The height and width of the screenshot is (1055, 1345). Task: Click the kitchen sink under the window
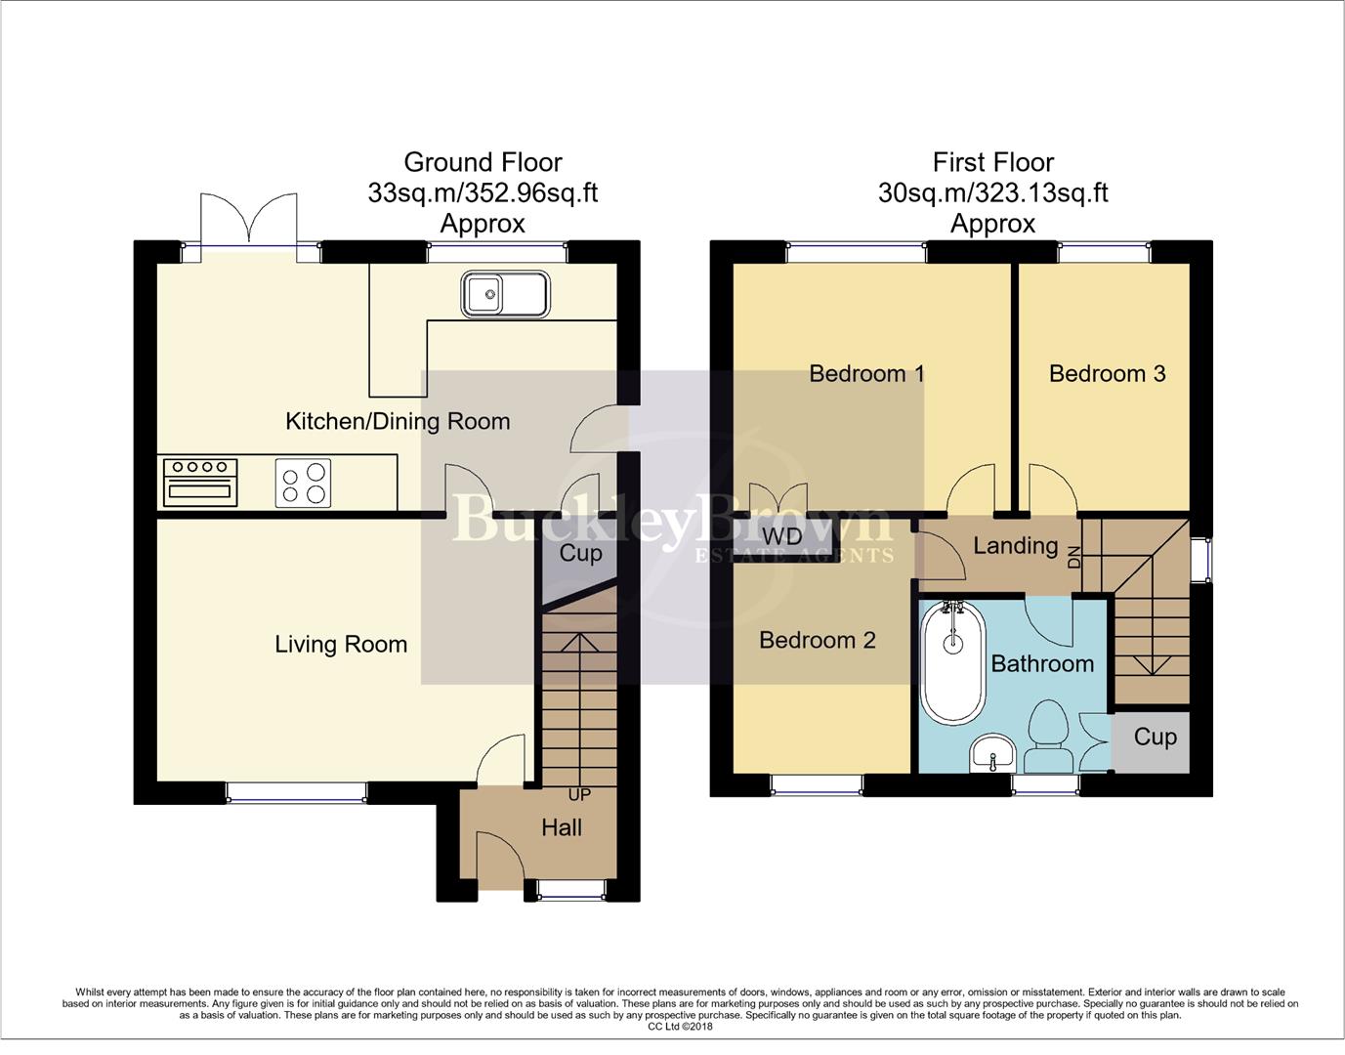click(x=506, y=293)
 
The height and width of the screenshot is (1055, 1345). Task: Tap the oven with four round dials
click(x=201, y=482)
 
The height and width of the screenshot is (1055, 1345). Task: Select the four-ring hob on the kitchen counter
click(x=304, y=483)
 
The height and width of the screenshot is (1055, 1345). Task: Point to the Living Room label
click(x=341, y=645)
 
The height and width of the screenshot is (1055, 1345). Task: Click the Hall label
click(x=562, y=828)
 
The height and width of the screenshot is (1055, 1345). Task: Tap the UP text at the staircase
click(x=579, y=795)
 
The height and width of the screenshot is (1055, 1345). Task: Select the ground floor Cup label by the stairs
click(x=580, y=554)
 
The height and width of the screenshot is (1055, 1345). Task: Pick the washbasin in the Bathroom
click(x=994, y=754)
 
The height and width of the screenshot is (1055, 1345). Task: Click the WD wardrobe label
click(x=781, y=536)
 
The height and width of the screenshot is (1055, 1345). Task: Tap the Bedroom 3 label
click(x=1107, y=374)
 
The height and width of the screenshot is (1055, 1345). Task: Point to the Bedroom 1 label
click(x=866, y=374)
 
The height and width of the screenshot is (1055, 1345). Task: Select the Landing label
click(x=1015, y=546)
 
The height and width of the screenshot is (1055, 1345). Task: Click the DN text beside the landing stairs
click(x=1075, y=557)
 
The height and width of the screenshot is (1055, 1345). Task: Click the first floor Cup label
click(x=1155, y=738)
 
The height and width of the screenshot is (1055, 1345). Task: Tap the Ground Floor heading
click(x=483, y=162)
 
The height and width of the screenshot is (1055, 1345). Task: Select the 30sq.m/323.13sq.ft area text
click(x=992, y=193)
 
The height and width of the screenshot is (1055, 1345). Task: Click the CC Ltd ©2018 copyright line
click(x=680, y=1027)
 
